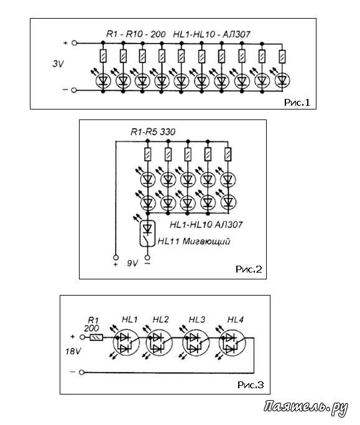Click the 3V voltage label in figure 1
(x=58, y=64)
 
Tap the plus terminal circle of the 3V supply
(x=74, y=43)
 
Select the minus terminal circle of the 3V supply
(x=74, y=90)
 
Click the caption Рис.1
(x=297, y=103)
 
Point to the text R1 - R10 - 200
(x=136, y=34)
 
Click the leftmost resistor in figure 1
(x=103, y=56)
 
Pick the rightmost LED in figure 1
(x=282, y=80)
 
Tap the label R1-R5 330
(x=153, y=132)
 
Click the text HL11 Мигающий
(x=194, y=241)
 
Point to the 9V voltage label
(x=132, y=263)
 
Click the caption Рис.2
(x=249, y=269)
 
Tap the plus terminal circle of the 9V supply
(x=116, y=257)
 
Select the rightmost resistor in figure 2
(x=228, y=154)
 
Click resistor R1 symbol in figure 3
(x=96, y=338)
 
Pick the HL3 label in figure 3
(x=197, y=320)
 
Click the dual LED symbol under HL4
(x=232, y=343)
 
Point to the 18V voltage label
(x=73, y=352)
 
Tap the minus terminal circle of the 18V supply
(x=82, y=372)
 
